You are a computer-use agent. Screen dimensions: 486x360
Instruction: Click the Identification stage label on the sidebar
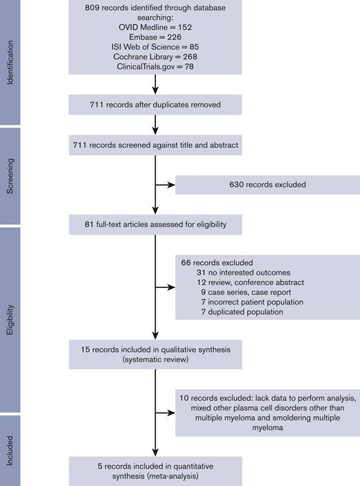tap(10, 61)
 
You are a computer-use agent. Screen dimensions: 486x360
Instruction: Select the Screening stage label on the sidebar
tap(10, 176)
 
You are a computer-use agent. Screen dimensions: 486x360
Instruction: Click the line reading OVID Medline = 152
tap(155, 27)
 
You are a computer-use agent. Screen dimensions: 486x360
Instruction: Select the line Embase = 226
tap(155, 38)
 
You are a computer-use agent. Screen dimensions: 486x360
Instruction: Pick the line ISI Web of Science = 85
tap(155, 48)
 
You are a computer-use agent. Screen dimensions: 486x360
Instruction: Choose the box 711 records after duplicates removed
tap(155, 105)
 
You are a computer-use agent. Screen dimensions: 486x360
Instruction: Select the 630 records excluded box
tap(267, 186)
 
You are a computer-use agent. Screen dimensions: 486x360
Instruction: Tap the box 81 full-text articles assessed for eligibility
tap(155, 225)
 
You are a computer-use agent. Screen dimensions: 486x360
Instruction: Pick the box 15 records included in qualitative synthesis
tap(155, 353)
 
